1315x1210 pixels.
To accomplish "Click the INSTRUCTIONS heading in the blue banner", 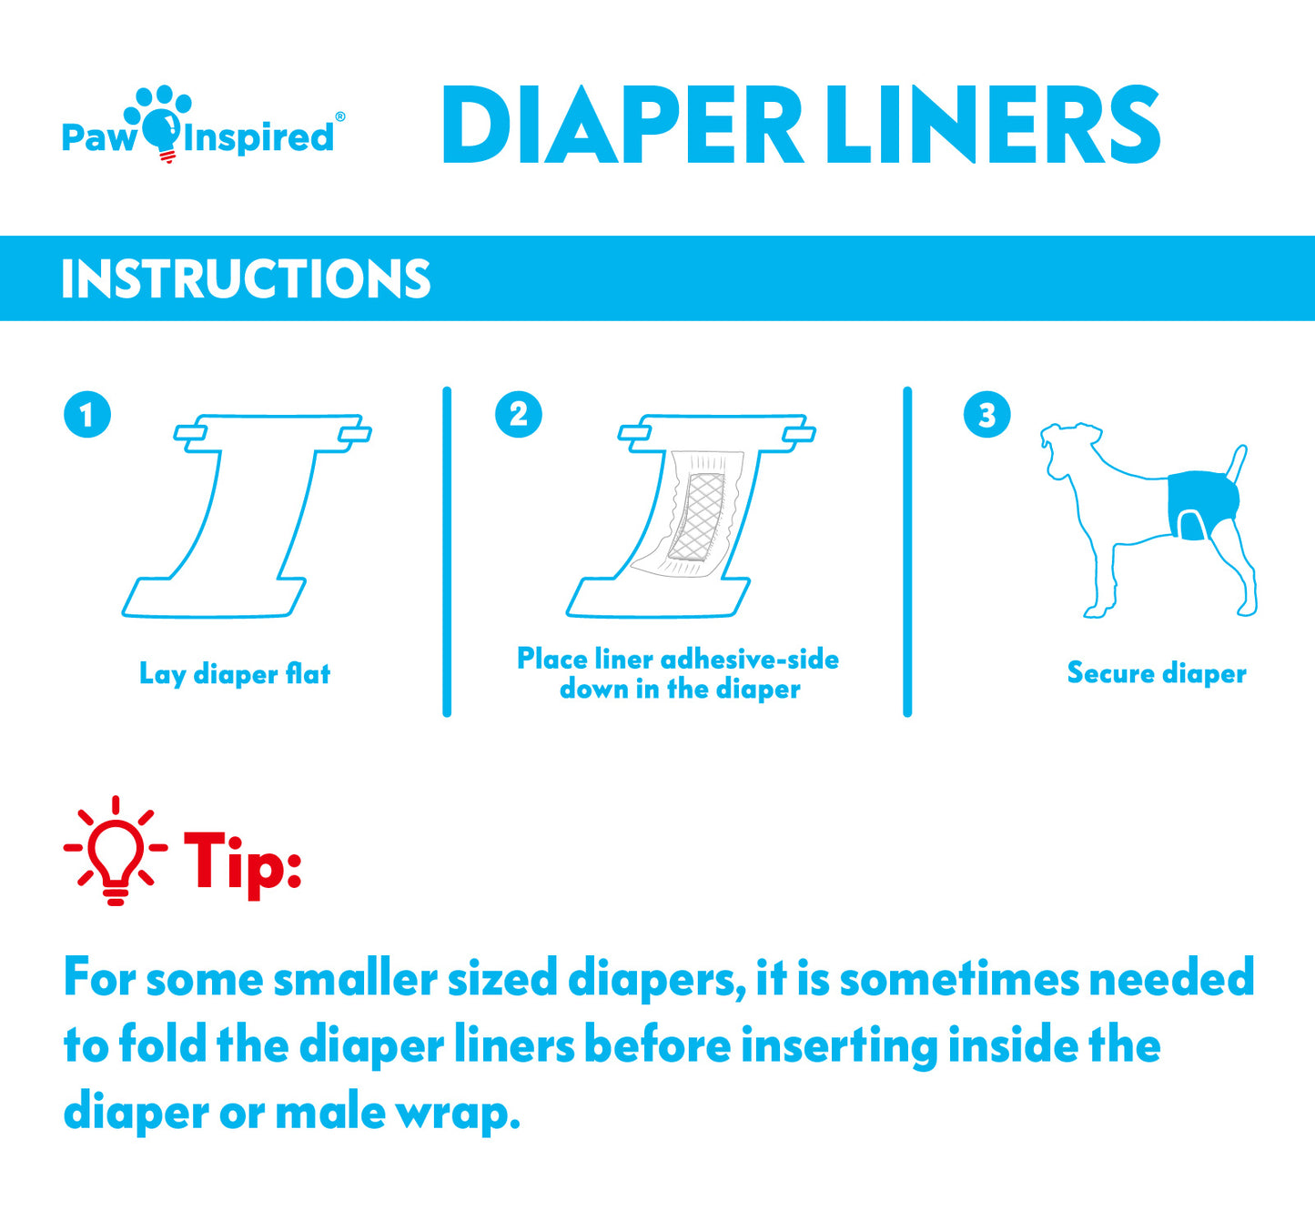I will (246, 279).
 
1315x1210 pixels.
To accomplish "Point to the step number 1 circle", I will (87, 415).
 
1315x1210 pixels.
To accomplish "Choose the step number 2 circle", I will (518, 415).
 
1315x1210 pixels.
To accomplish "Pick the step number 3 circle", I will (986, 415).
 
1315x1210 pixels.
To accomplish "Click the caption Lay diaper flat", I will (235, 674).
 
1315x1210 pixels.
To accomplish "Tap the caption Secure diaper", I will (1156, 673).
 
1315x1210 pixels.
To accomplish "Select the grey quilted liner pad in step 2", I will (697, 516).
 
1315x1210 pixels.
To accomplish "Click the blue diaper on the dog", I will (1202, 499).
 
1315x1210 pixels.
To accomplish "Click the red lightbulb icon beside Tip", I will (115, 851).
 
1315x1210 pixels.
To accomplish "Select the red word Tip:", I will (242, 862).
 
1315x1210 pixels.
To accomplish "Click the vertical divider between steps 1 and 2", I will (447, 551).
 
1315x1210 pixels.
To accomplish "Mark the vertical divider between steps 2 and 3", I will (907, 551).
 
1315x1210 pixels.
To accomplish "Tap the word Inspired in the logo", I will (258, 138).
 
